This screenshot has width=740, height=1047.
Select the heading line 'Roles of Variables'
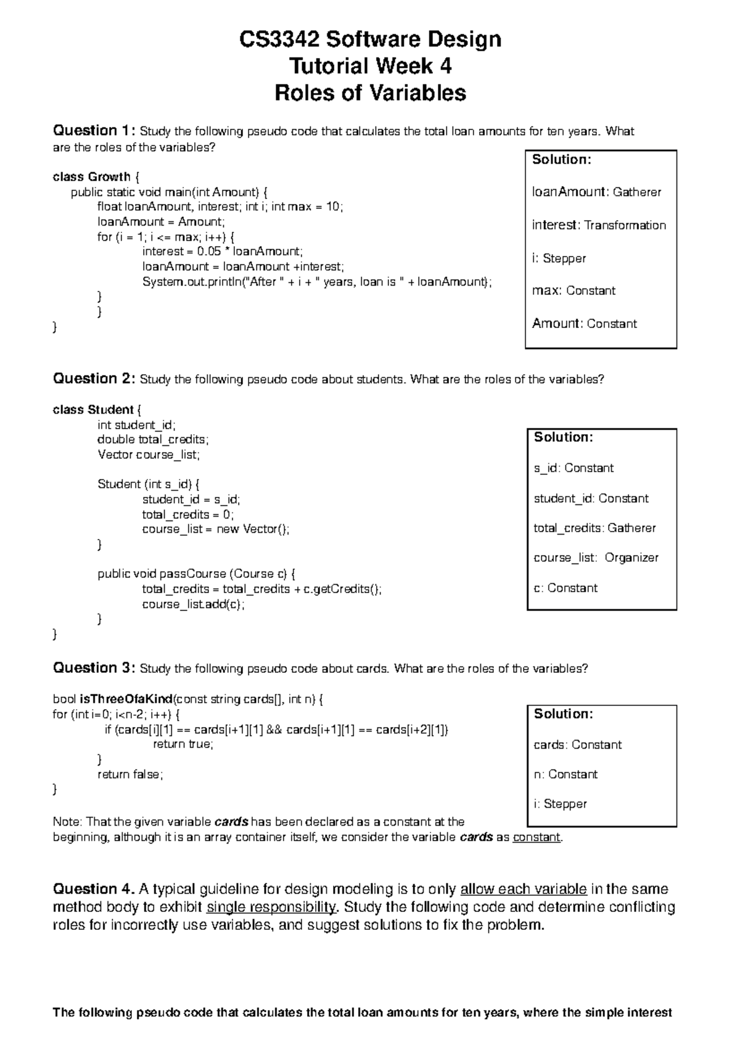click(370, 93)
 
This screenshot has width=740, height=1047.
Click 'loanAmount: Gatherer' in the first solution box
click(596, 192)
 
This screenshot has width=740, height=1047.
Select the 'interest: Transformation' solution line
click(599, 225)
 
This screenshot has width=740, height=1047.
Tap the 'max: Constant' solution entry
click(573, 290)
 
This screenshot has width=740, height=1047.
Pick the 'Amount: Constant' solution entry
click(584, 324)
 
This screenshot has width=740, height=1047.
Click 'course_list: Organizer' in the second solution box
click(596, 557)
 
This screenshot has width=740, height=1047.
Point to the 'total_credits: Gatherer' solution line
click(594, 528)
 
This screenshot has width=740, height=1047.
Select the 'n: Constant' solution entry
click(565, 774)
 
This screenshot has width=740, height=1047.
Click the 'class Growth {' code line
click(96, 177)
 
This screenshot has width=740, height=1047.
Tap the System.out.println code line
click(317, 282)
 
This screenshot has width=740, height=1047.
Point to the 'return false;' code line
click(130, 774)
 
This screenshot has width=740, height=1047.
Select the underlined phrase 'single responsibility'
click(271, 907)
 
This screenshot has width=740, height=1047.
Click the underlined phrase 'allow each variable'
click(524, 889)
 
